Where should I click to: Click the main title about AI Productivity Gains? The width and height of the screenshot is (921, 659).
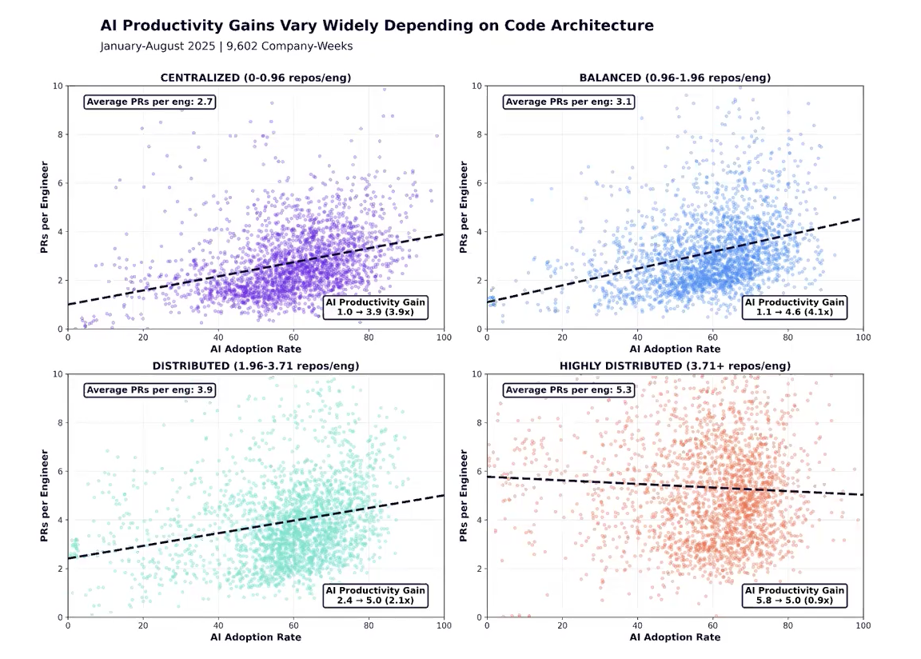(377, 26)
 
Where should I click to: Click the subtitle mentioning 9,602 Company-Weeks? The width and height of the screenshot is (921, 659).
(226, 46)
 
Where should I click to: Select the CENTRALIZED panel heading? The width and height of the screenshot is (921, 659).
(256, 78)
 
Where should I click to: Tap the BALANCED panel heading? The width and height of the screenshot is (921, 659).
(675, 78)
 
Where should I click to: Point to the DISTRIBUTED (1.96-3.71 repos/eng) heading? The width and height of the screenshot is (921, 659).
(256, 365)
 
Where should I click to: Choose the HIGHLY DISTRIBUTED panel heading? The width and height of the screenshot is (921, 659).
(675, 365)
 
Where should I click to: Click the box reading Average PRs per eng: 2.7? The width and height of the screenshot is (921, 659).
(150, 102)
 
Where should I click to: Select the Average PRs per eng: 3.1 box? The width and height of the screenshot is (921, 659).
(568, 102)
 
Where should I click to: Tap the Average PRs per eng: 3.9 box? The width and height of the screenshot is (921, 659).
(150, 390)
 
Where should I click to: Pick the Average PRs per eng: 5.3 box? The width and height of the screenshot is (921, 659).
(568, 390)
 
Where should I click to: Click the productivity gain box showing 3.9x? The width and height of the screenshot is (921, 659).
(376, 307)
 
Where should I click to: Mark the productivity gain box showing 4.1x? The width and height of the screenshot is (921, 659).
(795, 307)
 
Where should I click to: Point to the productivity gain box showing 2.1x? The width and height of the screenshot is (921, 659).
(376, 595)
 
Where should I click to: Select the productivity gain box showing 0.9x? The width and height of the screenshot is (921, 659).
(795, 595)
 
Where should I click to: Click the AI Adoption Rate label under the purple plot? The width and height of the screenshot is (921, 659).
(256, 349)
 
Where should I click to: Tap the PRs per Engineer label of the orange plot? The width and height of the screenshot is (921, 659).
(464, 496)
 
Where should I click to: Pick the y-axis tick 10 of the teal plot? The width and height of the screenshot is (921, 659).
(58, 373)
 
